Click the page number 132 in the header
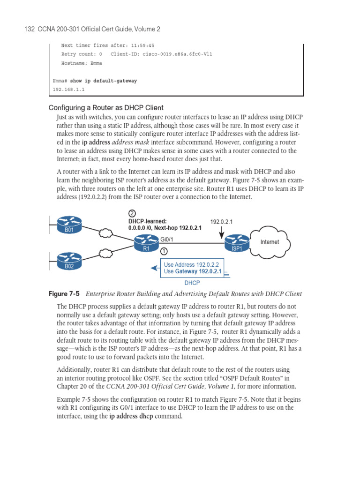(x=30, y=29)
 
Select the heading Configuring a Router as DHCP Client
(x=106, y=107)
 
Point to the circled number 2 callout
(x=132, y=213)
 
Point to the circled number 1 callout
(x=165, y=251)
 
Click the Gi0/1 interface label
(x=168, y=239)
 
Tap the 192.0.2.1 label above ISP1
(x=221, y=221)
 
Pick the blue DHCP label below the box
(x=192, y=283)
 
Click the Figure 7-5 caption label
(x=64, y=294)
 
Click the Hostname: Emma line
(x=81, y=63)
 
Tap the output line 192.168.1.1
(x=68, y=89)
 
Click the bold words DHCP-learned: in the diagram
(x=148, y=221)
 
